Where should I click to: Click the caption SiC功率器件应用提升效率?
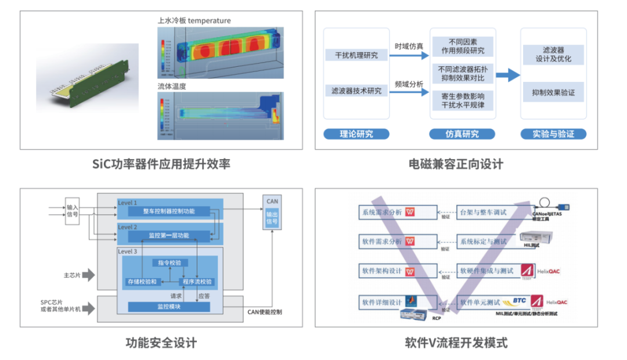tap(161, 164)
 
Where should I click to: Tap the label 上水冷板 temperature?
tap(194, 21)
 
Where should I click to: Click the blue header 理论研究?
tap(356, 134)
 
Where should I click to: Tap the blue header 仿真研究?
tap(462, 134)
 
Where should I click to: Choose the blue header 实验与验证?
tap(553, 134)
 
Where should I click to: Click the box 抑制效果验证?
tap(553, 92)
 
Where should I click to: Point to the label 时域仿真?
tap(409, 46)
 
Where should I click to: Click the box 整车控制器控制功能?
tap(170, 212)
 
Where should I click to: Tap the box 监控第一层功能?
tap(170, 236)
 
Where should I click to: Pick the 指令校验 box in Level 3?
tap(170, 263)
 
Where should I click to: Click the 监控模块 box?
tap(169, 306)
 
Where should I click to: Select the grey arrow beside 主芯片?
tap(88, 275)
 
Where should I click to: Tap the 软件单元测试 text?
tap(480, 303)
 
